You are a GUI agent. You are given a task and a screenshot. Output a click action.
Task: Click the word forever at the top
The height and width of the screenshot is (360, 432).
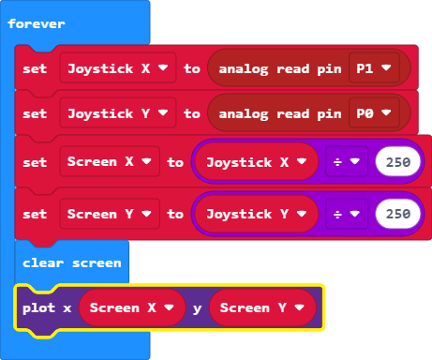37,22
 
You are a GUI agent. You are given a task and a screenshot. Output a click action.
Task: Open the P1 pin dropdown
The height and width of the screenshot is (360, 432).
375,68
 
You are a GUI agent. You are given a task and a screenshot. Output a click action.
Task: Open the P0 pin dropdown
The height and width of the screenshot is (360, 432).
375,113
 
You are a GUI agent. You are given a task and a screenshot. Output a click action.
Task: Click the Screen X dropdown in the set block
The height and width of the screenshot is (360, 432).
110,161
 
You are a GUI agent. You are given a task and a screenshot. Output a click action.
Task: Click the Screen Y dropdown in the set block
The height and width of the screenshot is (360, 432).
110,214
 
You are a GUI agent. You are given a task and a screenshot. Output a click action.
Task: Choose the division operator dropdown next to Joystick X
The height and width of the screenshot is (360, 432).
347,161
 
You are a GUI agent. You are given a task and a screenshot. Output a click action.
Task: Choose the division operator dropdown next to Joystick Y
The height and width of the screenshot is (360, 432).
347,214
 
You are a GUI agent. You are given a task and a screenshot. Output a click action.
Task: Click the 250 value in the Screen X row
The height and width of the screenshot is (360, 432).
398,161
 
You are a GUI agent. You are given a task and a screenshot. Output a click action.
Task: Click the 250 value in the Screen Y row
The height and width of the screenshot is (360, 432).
398,214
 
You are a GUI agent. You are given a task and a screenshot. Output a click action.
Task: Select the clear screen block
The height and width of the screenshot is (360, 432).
71,262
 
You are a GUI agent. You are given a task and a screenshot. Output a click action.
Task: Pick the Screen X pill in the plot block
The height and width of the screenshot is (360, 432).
132,307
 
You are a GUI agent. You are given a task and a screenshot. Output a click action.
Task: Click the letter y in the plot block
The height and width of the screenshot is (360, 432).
198,307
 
